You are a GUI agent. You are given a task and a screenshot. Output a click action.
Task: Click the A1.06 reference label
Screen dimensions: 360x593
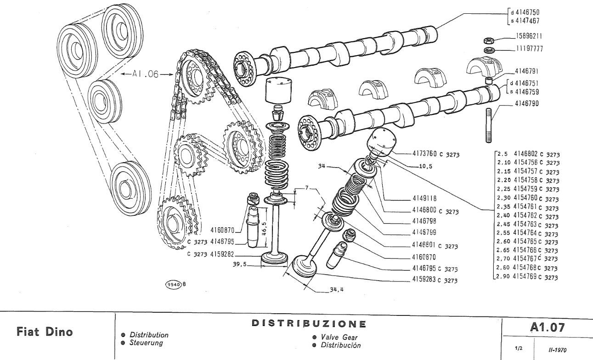[x=141, y=73]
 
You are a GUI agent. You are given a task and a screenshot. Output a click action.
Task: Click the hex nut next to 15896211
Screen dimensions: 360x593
[x=489, y=40]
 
